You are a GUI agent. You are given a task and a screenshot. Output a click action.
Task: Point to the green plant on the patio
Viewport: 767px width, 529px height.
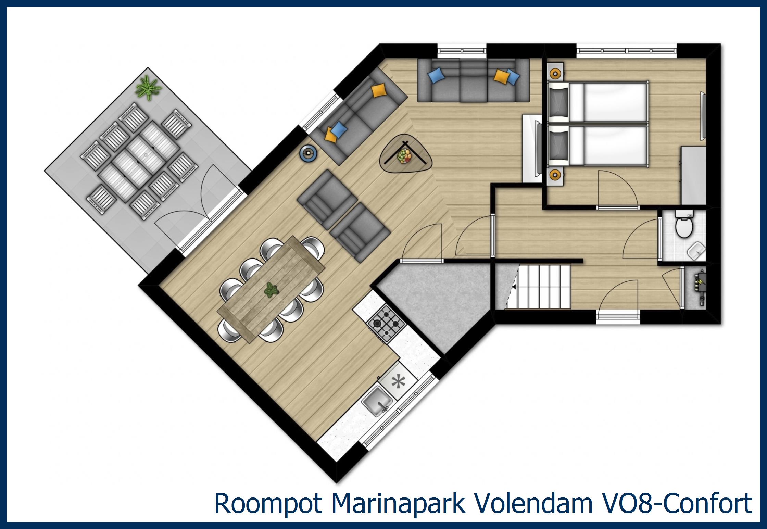pos(148,88)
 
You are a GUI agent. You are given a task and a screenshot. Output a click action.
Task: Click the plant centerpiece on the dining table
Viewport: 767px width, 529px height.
pos(272,290)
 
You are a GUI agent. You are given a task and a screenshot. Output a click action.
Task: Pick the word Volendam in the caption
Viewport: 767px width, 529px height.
pos(531,504)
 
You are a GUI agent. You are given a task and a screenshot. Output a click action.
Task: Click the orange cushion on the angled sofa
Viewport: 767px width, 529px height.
pos(379,91)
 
